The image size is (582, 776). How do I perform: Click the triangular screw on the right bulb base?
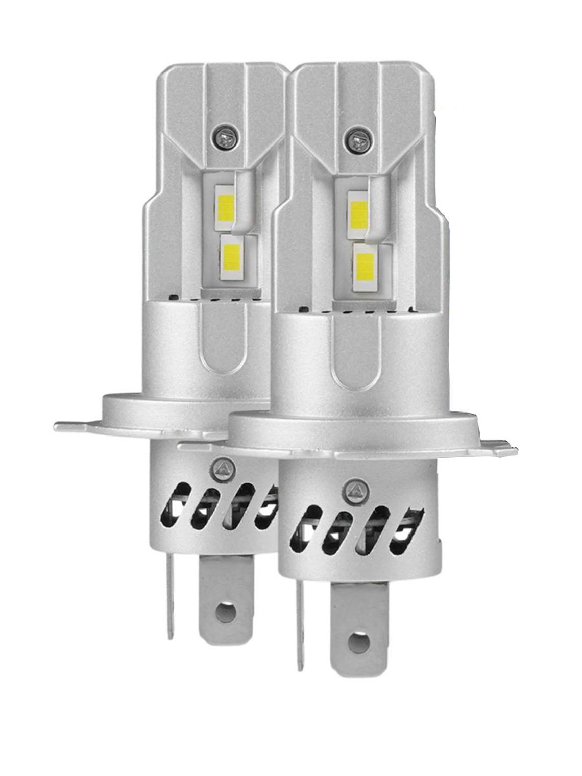pyautogui.click(x=354, y=490)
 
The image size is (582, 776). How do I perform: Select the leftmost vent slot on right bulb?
pyautogui.click(x=301, y=528)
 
